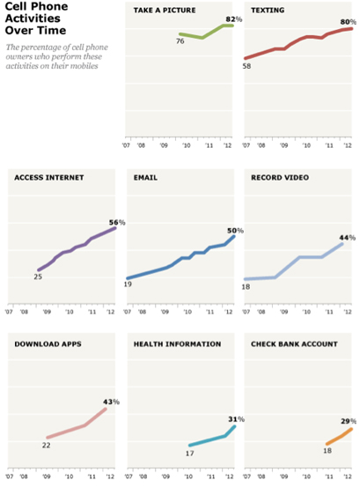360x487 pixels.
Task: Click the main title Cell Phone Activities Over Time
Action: pyautogui.click(x=36, y=18)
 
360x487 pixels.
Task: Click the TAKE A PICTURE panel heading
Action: pyautogui.click(x=165, y=11)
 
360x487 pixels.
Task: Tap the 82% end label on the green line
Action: pyautogui.click(x=233, y=19)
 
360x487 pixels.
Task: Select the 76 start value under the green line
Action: pyautogui.click(x=180, y=41)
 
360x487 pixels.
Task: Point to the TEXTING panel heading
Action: pyautogui.click(x=268, y=11)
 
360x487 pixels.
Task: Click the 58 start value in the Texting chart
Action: pyautogui.click(x=246, y=66)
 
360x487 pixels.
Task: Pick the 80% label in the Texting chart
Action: pyautogui.click(x=349, y=22)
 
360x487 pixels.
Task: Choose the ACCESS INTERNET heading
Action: pyautogui.click(x=49, y=178)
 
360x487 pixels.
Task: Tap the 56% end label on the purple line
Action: pyautogui.click(x=117, y=223)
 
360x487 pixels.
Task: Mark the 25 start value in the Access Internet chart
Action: pyautogui.click(x=38, y=277)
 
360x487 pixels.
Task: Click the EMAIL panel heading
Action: pyautogui.click(x=145, y=178)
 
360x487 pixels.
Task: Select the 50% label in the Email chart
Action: pyautogui.click(x=235, y=231)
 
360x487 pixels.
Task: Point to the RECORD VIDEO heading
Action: pyautogui.click(x=280, y=178)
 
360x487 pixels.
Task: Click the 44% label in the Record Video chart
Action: pyautogui.click(x=348, y=238)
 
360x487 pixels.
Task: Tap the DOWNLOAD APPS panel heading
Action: pyautogui.click(x=48, y=344)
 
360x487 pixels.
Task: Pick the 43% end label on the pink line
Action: pyautogui.click(x=111, y=402)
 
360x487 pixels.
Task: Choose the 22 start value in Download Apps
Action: pyautogui.click(x=47, y=445)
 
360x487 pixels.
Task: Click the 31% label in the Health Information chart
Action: pyautogui.click(x=237, y=419)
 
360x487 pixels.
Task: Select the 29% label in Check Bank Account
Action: pyautogui.click(x=349, y=422)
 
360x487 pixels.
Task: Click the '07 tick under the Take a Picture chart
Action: pyautogui.click(x=126, y=145)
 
